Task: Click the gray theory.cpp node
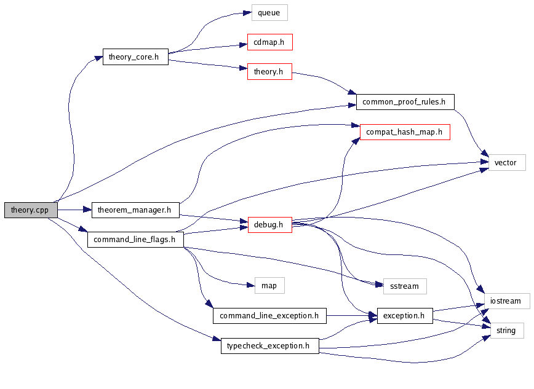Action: [x=30, y=210]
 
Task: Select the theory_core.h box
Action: [x=134, y=57]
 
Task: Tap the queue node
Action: [x=269, y=12]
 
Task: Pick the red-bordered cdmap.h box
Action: [x=269, y=42]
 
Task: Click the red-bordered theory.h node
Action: [x=268, y=72]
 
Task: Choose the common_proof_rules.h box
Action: [x=404, y=101]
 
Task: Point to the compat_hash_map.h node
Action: [x=404, y=132]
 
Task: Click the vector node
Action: [x=507, y=162]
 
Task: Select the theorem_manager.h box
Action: [x=135, y=210]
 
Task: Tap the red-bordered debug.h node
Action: [x=268, y=224]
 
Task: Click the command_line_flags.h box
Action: [x=135, y=239]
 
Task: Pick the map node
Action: [x=269, y=285]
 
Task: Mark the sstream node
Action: [x=404, y=286]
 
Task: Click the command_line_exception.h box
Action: [x=269, y=316]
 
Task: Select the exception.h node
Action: [x=404, y=316]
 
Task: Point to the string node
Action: [x=506, y=331]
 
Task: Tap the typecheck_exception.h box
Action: [x=269, y=346]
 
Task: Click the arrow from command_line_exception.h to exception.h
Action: [x=351, y=316]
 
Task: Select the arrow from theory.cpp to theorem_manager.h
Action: [x=74, y=210]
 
